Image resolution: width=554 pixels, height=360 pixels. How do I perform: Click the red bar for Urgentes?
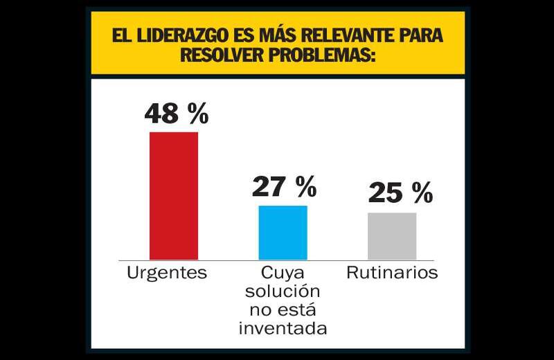pyautogui.click(x=174, y=195)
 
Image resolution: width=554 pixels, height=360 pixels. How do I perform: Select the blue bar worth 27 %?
pyautogui.click(x=283, y=233)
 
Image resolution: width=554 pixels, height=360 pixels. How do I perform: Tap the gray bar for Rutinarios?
pyautogui.click(x=392, y=236)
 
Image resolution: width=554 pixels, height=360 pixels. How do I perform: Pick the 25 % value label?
pyautogui.click(x=400, y=193)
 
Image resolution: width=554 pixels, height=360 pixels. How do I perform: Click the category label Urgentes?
pyautogui.click(x=167, y=273)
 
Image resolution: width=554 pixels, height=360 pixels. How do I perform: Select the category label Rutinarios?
pyautogui.click(x=392, y=273)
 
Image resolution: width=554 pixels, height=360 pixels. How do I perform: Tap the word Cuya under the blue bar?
pyautogui.click(x=283, y=272)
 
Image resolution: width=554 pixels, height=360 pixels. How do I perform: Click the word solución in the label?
pyautogui.click(x=283, y=290)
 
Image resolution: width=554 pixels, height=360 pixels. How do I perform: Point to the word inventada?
pyautogui.click(x=283, y=327)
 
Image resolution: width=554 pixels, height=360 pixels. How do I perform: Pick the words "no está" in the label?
pyautogui.click(x=283, y=309)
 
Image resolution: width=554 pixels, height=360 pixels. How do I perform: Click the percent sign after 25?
pyautogui.click(x=422, y=193)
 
